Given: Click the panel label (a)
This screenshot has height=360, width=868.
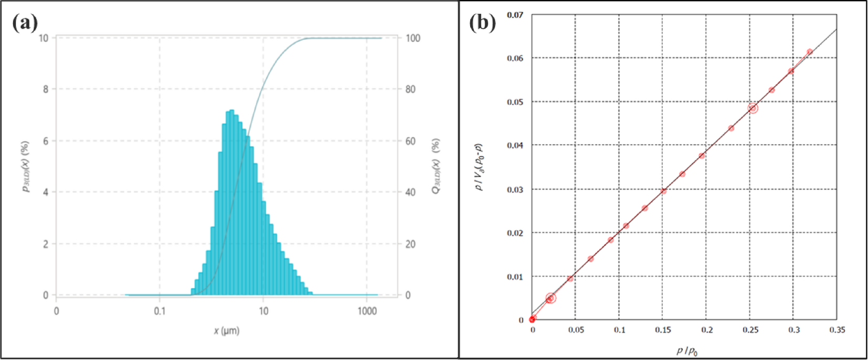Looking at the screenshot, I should pos(25,22).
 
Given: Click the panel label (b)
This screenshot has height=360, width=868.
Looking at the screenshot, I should pos(482,22).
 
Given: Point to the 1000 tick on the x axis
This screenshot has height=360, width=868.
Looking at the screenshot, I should pos(367,311).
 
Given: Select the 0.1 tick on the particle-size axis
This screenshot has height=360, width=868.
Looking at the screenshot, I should pos(160,311).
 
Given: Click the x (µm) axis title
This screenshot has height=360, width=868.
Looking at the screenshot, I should pos(226,331).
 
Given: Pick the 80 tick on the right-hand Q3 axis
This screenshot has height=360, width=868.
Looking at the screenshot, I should pos(410,89).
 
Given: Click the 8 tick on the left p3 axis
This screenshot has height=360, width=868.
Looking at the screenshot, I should pos(46,89).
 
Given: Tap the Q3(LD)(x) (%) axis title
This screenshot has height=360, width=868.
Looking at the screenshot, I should pos(436,166).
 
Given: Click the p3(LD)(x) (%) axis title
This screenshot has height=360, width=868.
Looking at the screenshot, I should pos(25,166).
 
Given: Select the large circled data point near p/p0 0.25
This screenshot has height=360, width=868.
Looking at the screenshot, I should pos(753,108).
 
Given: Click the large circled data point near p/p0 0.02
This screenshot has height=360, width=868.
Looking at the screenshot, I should pos(550,298).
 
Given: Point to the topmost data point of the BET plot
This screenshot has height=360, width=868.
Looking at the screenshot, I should pos(810,52).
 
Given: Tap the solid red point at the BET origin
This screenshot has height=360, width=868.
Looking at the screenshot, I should pos(532,319).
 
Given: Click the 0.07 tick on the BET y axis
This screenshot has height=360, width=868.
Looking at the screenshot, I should pos(515,15).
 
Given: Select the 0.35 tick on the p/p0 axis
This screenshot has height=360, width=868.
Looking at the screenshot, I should pos(837,330).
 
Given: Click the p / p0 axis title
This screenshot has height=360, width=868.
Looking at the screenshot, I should pos(687,351).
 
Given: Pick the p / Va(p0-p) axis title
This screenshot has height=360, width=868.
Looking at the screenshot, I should pos(479,167).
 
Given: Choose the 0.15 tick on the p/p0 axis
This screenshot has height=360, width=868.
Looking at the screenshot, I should pos(663,330).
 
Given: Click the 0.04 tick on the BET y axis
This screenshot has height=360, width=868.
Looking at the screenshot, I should pos(515,145).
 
